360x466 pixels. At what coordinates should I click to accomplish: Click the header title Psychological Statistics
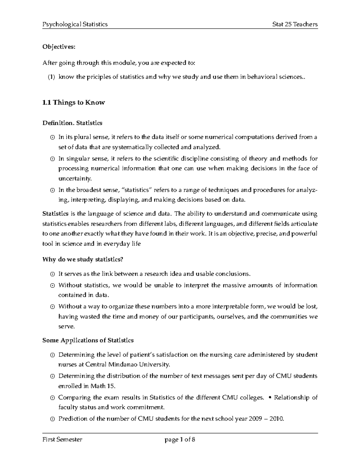[75, 24]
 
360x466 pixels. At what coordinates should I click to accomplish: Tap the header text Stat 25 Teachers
[295, 24]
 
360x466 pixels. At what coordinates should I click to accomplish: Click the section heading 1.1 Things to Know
[73, 103]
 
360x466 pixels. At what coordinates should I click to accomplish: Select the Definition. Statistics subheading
[72, 123]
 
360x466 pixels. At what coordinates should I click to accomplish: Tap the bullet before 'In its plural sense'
[52, 138]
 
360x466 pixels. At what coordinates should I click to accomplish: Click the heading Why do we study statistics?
[83, 260]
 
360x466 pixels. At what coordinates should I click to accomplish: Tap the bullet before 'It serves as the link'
[52, 274]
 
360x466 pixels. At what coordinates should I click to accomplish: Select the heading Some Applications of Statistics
[88, 341]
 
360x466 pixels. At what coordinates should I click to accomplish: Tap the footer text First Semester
[62, 440]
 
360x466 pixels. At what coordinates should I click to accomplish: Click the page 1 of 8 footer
[180, 440]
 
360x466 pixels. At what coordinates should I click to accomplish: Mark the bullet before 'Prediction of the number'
[52, 419]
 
